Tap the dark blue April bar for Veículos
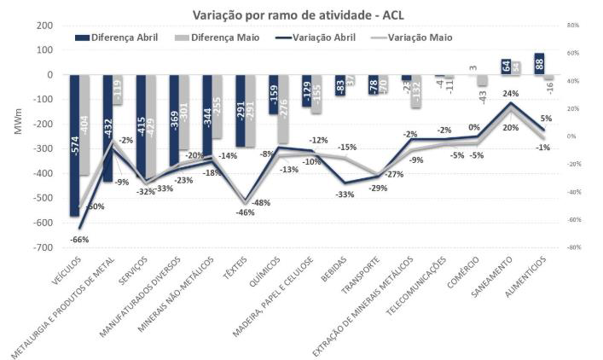coord(75,145)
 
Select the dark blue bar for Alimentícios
coord(539,64)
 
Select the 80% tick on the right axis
coord(573,26)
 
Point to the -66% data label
coord(80,239)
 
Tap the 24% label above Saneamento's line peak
coord(510,94)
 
